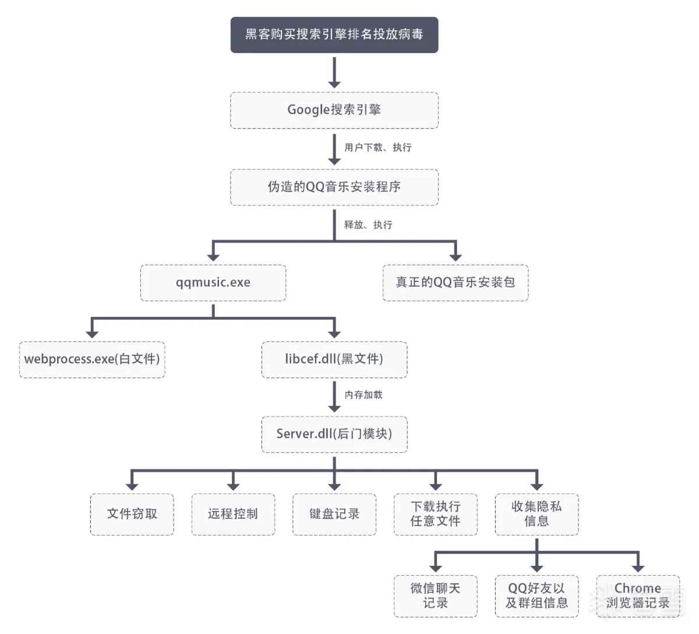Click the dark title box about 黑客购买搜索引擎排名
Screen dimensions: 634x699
click(334, 35)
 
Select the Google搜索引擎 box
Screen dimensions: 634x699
click(334, 110)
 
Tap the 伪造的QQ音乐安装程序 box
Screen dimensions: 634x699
click(334, 187)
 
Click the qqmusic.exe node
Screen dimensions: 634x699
click(213, 283)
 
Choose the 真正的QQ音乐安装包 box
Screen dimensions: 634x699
click(456, 283)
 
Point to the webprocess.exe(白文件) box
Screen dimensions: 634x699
click(92, 360)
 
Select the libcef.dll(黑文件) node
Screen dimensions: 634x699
click(334, 360)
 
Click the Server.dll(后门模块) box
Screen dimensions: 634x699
click(334, 434)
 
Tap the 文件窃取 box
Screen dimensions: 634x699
click(132, 514)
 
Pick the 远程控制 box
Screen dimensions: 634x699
click(233, 514)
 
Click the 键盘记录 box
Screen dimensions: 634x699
click(334, 514)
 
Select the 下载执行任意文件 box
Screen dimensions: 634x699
click(435, 514)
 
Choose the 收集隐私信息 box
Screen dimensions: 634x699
click(536, 514)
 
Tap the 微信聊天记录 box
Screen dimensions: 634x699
click(435, 596)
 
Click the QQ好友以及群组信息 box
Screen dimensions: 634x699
click(536, 596)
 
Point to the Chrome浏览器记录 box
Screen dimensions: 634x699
click(638, 596)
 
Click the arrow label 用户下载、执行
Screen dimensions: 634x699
click(377, 147)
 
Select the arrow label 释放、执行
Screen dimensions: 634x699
click(368, 225)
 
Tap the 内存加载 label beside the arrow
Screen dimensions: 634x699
click(363, 395)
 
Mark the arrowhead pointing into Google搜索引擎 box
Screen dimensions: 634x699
click(334, 84)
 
